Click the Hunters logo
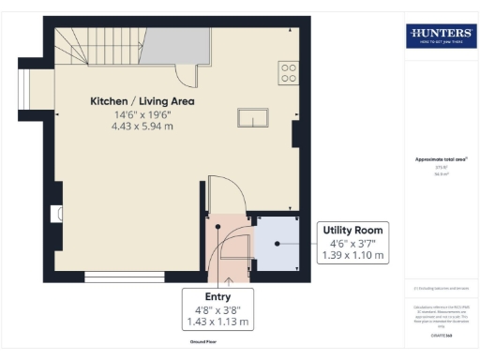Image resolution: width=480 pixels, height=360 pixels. [441, 37]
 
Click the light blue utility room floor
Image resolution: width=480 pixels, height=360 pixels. [277, 244]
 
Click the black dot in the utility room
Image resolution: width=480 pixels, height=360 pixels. [277, 244]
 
